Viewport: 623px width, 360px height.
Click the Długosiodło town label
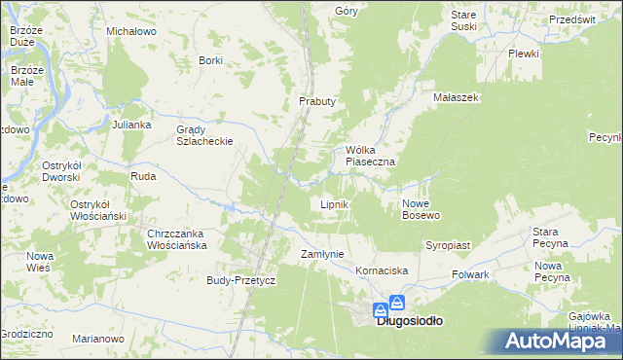click(410, 320)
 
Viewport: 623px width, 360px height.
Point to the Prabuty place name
click(316, 101)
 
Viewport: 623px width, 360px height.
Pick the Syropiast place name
click(448, 245)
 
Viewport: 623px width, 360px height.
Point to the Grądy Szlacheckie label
click(202, 135)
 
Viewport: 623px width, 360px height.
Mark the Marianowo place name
click(98, 339)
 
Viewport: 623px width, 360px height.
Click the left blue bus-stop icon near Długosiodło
click(380, 310)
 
